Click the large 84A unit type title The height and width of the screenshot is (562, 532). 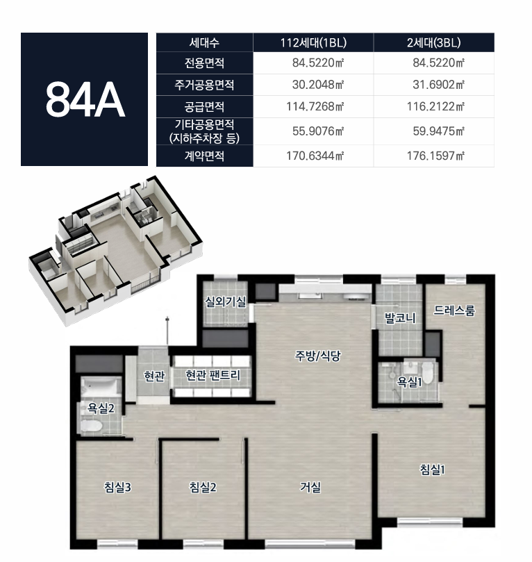click(85, 99)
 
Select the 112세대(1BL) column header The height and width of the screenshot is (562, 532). click(313, 42)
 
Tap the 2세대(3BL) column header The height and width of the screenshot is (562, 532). click(433, 42)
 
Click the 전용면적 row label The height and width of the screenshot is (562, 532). click(204, 63)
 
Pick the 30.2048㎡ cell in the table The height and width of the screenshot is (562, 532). click(318, 85)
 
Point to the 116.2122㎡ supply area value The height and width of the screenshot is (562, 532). click(435, 106)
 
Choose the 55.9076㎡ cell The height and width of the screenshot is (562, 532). click(318, 131)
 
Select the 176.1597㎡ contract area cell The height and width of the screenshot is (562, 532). click(435, 156)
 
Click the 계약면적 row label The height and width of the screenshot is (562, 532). click(204, 156)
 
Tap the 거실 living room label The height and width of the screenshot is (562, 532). click(310, 487)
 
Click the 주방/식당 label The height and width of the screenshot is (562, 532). click(317, 356)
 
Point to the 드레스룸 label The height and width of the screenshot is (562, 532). click(454, 311)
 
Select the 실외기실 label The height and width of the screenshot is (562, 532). click(225, 301)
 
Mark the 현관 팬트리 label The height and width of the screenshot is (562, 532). click(213, 375)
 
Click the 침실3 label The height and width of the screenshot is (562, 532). click(117, 487)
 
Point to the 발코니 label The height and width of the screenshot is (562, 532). click(400, 318)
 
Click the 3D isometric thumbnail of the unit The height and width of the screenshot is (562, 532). click(115, 251)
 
